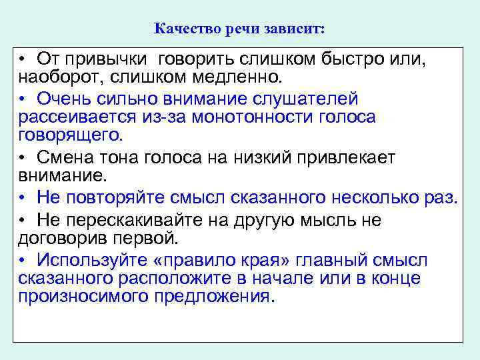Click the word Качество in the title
(183, 29)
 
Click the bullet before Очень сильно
(22, 100)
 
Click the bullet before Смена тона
(22, 159)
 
